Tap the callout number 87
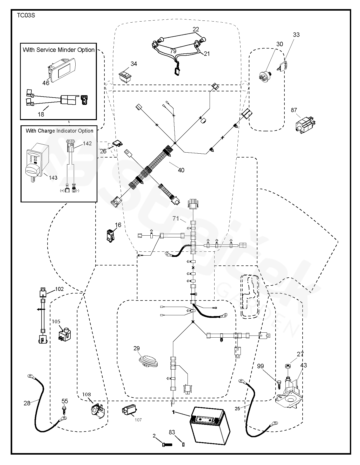[294, 110]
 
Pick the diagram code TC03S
[26, 15]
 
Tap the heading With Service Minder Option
[59, 50]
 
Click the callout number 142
[87, 143]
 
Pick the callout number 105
[56, 322]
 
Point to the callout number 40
[181, 170]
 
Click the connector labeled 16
[110, 235]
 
